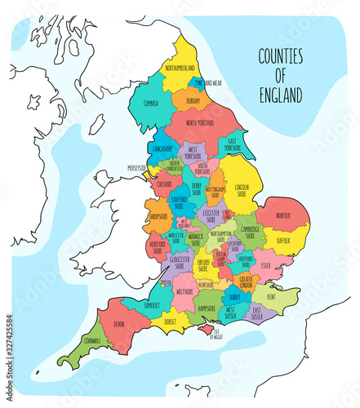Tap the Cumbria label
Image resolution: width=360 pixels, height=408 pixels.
[x=151, y=104]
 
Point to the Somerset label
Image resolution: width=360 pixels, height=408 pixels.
[x=152, y=304]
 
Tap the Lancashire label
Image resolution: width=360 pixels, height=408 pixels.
[x=161, y=149]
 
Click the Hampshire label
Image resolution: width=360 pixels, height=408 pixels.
[x=207, y=308]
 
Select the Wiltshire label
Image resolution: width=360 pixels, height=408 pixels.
[x=184, y=290]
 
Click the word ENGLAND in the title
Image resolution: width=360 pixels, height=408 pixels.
[x=279, y=94]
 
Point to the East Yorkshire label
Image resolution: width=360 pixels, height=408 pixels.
[x=234, y=145]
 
